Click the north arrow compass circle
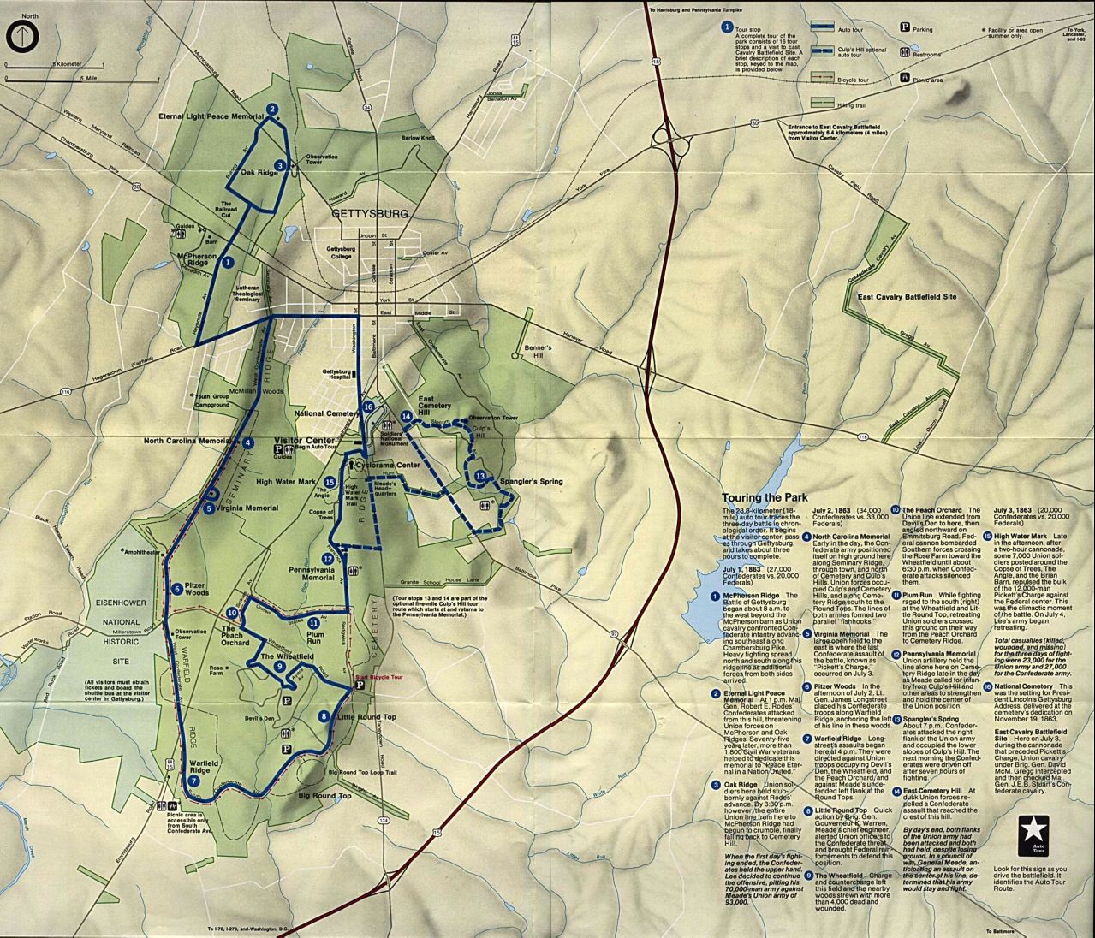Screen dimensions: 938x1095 coord(18,36)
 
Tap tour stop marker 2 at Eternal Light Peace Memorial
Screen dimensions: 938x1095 coord(272,109)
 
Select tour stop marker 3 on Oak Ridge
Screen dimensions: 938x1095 coord(280,166)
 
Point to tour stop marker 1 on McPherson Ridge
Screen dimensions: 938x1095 coord(228,264)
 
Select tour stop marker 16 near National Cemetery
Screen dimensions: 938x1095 coord(368,407)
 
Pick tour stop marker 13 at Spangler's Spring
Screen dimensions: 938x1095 coord(480,477)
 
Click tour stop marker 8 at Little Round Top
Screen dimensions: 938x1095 coord(323,716)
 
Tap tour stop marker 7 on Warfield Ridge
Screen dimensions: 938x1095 coord(194,781)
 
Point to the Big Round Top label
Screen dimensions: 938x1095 coord(324,796)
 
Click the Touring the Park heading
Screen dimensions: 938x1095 coord(761,497)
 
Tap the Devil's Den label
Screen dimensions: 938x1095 coord(258,718)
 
